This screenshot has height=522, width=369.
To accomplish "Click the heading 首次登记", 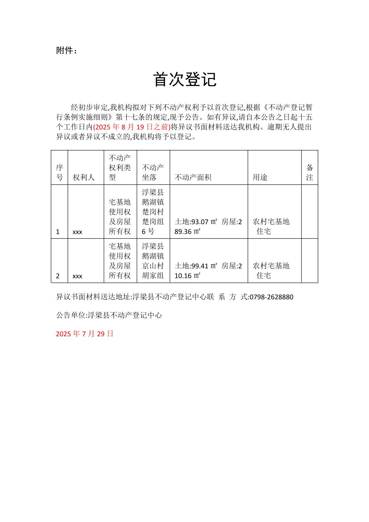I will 184,80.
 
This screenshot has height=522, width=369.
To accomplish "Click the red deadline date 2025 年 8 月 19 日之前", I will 132,127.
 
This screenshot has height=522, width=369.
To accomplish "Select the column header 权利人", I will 83,178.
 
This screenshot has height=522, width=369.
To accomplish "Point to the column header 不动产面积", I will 193,178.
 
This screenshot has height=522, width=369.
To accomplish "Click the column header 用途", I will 260,178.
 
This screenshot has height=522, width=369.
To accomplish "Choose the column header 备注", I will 310,172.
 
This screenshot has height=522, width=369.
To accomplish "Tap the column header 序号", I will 59,172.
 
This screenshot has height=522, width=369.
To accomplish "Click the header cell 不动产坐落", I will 153,172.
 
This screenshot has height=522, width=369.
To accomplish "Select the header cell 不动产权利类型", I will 120,168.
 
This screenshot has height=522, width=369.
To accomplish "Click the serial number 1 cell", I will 58,232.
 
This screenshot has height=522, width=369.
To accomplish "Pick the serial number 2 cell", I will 58,276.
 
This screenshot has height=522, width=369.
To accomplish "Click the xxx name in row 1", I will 77,232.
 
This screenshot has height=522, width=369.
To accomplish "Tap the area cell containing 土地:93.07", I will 208,227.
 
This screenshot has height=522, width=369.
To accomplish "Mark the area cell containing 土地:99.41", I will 208,271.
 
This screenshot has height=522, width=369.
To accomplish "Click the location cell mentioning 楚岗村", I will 153,212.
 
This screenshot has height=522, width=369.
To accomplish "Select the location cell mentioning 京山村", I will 153,261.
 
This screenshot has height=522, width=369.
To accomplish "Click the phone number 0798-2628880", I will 271,297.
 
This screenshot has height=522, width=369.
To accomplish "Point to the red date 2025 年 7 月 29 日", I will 85,334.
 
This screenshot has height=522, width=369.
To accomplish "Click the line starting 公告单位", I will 109,315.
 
